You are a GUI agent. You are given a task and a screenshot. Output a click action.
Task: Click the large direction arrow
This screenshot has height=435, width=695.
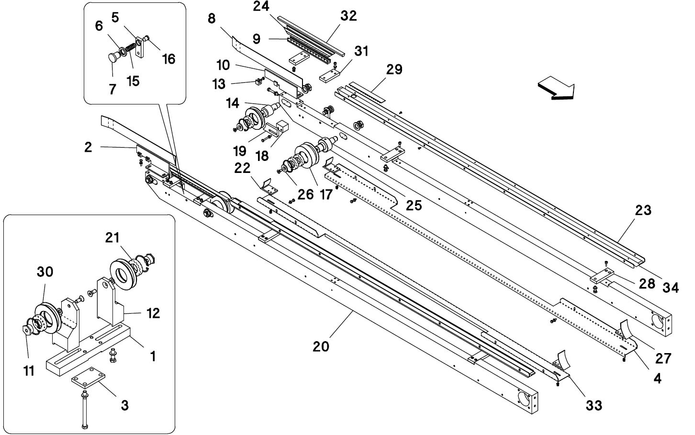[x=556, y=90]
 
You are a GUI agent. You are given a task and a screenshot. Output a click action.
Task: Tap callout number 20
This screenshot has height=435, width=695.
[x=321, y=346]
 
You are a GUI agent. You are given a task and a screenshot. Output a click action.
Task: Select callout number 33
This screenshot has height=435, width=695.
[x=594, y=405]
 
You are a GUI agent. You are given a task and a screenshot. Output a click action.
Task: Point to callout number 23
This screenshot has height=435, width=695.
[x=643, y=210]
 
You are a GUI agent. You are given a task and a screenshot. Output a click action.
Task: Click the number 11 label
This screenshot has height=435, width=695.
[x=29, y=371]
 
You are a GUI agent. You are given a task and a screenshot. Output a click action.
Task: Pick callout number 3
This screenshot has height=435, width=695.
[x=124, y=405]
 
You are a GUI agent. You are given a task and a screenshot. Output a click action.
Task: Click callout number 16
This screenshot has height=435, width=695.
[x=168, y=58]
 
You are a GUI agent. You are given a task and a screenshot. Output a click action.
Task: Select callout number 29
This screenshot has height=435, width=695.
[x=394, y=69]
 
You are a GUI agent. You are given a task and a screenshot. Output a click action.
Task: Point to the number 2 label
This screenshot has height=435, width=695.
[x=88, y=147]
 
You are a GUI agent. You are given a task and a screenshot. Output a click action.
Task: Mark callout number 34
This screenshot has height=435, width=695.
[x=670, y=288]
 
